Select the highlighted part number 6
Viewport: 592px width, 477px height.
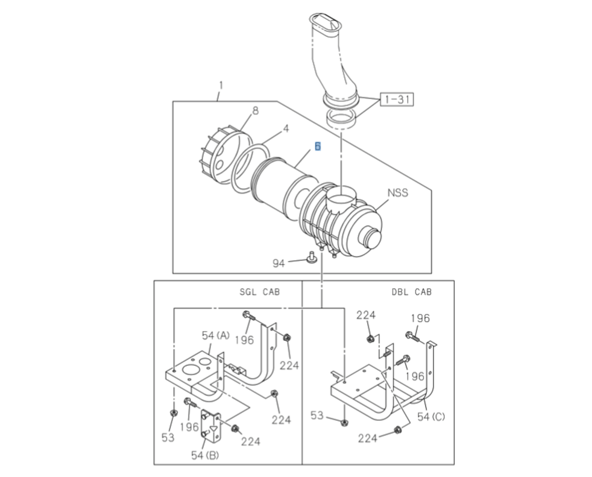pyautogui.click(x=318, y=147)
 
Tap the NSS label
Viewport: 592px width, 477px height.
pyautogui.click(x=397, y=193)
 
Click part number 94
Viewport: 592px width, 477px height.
pyautogui.click(x=278, y=262)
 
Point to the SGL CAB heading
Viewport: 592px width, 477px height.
pyautogui.click(x=260, y=292)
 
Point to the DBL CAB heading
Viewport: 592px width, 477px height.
pyautogui.click(x=411, y=292)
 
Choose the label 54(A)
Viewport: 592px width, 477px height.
pyautogui.click(x=215, y=335)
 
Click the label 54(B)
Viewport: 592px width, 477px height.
pyautogui.click(x=204, y=455)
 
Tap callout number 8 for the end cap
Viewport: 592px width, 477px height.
pyautogui.click(x=255, y=110)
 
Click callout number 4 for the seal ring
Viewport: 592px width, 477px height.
pyautogui.click(x=286, y=128)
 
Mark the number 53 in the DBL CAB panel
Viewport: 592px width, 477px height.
pyautogui.click(x=317, y=415)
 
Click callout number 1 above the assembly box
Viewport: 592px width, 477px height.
pyautogui.click(x=220, y=85)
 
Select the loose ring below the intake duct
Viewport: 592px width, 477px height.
pyautogui.click(x=341, y=118)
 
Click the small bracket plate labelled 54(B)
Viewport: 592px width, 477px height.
pyautogui.click(x=211, y=426)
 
